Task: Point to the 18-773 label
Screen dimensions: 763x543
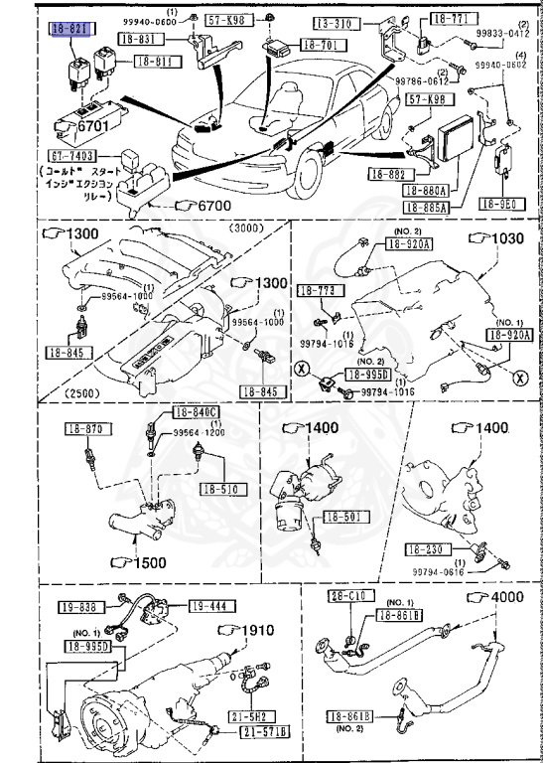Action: pos(314,289)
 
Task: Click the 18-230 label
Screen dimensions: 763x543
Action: pos(425,548)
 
